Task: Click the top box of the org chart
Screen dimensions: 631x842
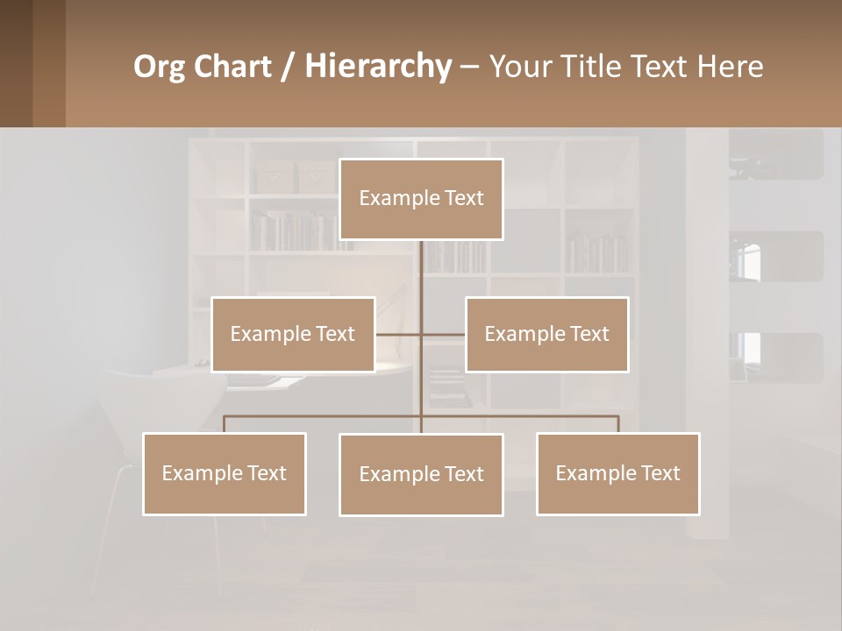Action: point(421,199)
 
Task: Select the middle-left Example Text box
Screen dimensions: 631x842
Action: point(293,334)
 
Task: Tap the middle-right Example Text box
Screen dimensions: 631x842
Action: point(546,334)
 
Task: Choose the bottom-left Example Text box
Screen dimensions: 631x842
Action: point(224,473)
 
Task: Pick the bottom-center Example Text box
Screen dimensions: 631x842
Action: point(421,474)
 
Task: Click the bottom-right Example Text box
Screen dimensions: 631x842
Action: point(617,473)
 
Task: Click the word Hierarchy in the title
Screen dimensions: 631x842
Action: point(377,67)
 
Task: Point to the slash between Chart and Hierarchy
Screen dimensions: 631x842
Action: point(288,67)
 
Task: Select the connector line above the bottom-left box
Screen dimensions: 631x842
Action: point(224,424)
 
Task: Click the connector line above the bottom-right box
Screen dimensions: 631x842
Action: point(618,424)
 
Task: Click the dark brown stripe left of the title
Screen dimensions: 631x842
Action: point(16,63)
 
